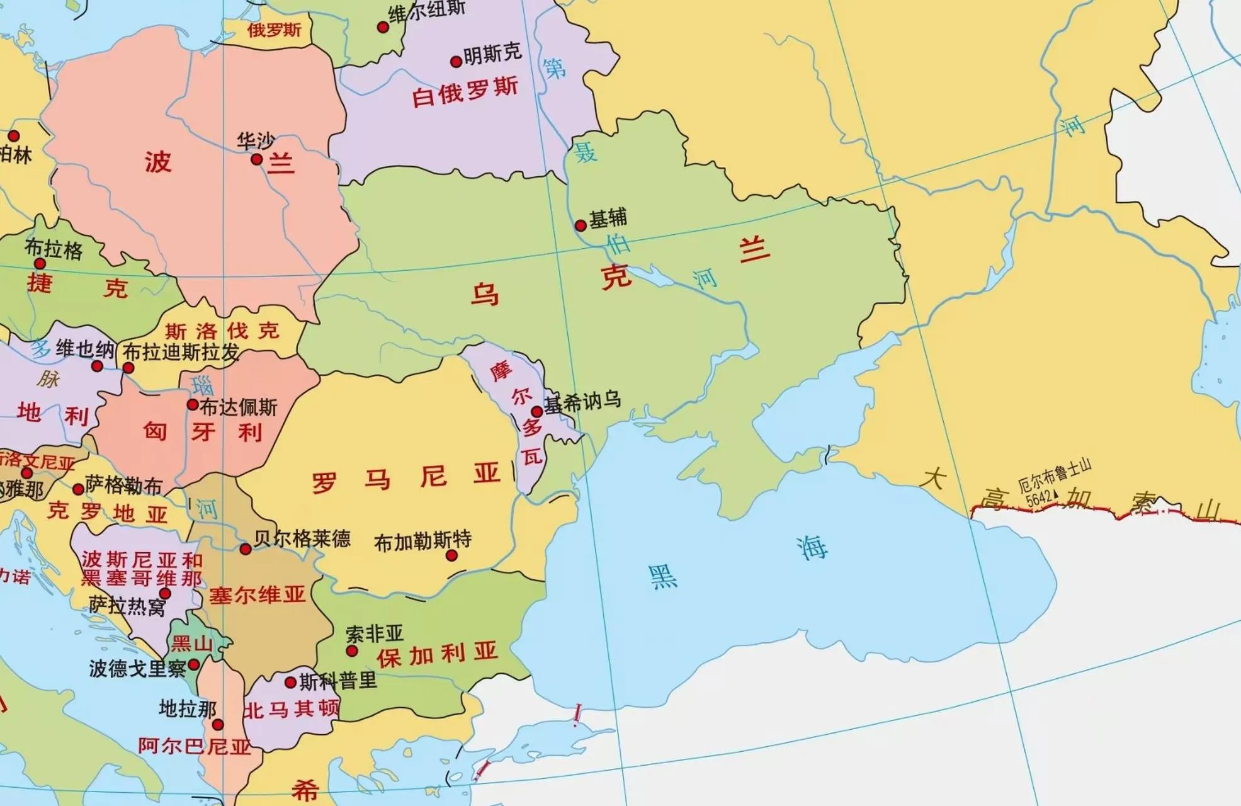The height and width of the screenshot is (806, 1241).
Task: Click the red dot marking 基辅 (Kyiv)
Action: [581, 225]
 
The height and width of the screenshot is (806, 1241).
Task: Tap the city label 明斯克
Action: [492, 55]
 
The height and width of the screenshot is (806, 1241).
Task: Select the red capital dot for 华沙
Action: [256, 159]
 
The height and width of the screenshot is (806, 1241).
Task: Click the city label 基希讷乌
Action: [582, 401]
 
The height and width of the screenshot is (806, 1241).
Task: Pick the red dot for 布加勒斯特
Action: [451, 555]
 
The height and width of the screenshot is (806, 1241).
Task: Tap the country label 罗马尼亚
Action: [405, 478]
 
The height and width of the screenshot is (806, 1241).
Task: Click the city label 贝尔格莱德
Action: [302, 538]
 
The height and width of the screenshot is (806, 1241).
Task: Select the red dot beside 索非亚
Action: [352, 651]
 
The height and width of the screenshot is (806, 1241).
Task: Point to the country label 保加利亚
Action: [437, 655]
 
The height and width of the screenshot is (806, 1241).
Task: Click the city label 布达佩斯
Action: [239, 407]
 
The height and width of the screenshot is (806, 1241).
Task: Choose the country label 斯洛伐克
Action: [222, 331]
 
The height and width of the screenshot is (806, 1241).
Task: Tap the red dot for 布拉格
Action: [40, 264]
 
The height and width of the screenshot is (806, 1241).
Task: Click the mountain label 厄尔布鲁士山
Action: [1055, 476]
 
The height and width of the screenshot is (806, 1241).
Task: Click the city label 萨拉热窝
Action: [127, 606]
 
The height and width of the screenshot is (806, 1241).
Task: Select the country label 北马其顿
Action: [291, 710]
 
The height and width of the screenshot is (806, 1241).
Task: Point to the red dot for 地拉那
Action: [218, 725]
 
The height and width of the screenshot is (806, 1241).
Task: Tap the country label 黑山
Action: [192, 644]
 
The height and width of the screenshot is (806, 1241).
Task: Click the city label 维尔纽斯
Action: [427, 11]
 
